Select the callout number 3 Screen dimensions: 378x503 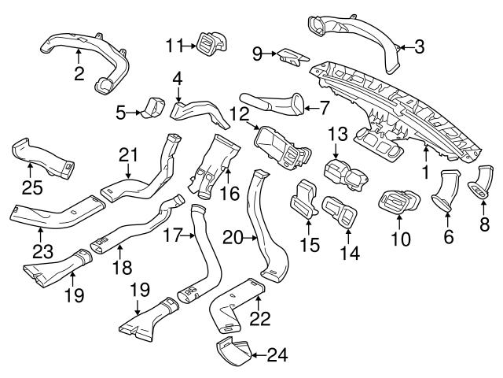(419, 47)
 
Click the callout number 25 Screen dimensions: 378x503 (29, 187)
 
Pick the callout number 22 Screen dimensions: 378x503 (260, 317)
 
